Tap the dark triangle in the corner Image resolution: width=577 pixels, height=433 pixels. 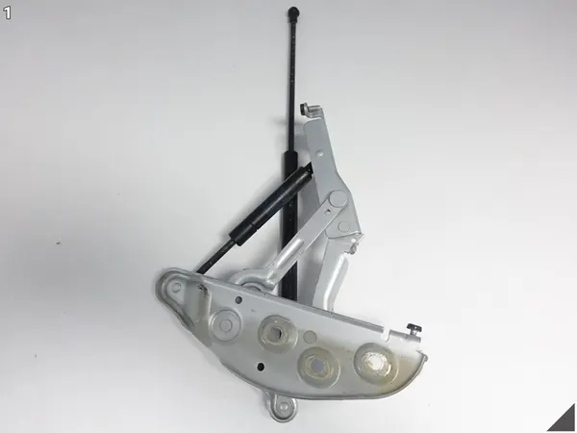click(564, 420)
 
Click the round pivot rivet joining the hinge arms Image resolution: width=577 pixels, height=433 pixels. click(335, 200)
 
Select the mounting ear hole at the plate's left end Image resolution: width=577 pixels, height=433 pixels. click(173, 285)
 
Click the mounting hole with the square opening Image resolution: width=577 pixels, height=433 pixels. click(275, 334)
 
